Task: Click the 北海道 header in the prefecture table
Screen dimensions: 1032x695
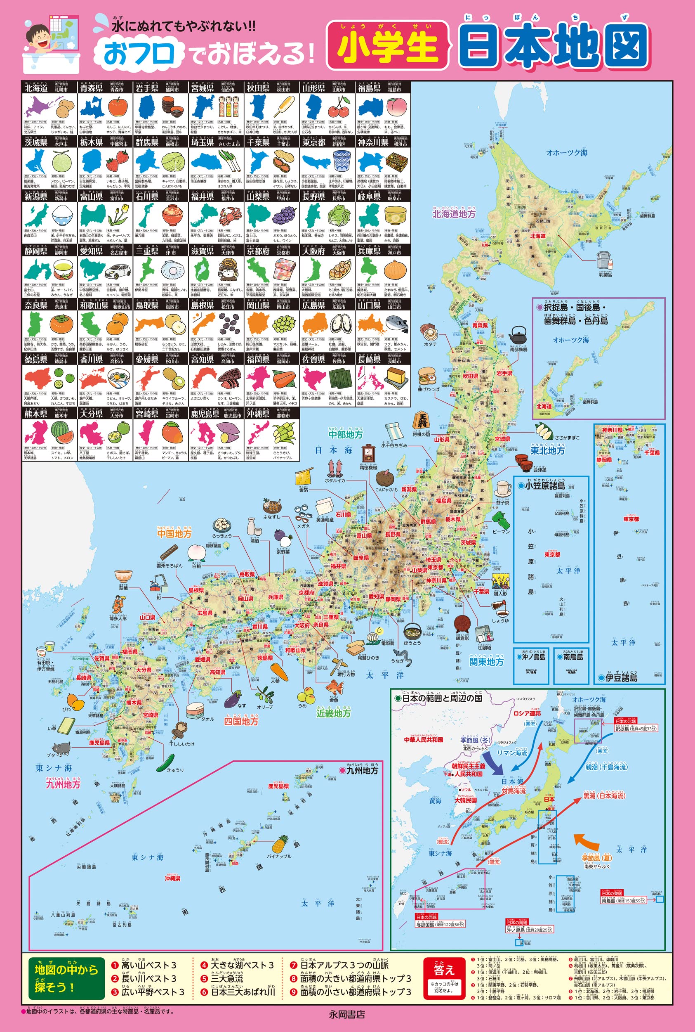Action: click(36, 88)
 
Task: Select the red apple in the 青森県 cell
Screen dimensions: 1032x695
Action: click(118, 107)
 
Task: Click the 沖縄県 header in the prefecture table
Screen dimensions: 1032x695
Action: click(258, 414)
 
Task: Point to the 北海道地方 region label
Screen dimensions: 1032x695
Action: click(453, 213)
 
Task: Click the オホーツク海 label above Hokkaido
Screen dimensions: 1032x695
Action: click(566, 153)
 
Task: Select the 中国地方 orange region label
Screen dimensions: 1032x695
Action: click(174, 533)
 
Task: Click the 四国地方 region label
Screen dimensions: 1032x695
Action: click(241, 721)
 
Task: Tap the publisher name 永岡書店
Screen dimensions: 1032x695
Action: click(347, 1014)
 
